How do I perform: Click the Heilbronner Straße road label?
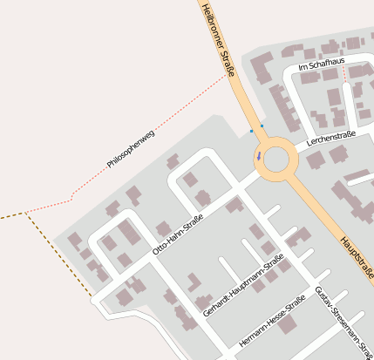point(218,40)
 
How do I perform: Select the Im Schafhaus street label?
point(321,65)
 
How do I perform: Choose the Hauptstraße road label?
point(357,254)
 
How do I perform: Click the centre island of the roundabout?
point(275,160)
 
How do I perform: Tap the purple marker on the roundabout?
point(258,158)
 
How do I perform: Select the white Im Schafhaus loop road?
point(289,96)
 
